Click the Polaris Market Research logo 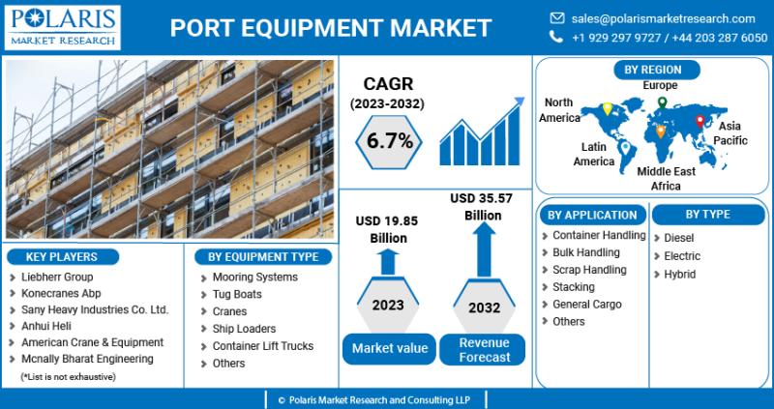(63, 28)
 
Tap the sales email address (663, 18)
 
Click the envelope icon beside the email (557, 18)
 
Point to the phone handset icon (556, 37)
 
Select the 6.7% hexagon (389, 141)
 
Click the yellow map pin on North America (608, 108)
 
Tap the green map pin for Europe (662, 102)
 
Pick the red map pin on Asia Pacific (700, 121)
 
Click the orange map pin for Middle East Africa (661, 131)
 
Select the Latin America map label (594, 154)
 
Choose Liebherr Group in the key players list (57, 277)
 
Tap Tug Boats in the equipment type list (237, 294)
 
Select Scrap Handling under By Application (589, 270)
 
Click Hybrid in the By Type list (680, 275)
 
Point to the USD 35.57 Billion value (482, 207)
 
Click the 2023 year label (388, 305)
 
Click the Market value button (390, 349)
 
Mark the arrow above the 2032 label (484, 249)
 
